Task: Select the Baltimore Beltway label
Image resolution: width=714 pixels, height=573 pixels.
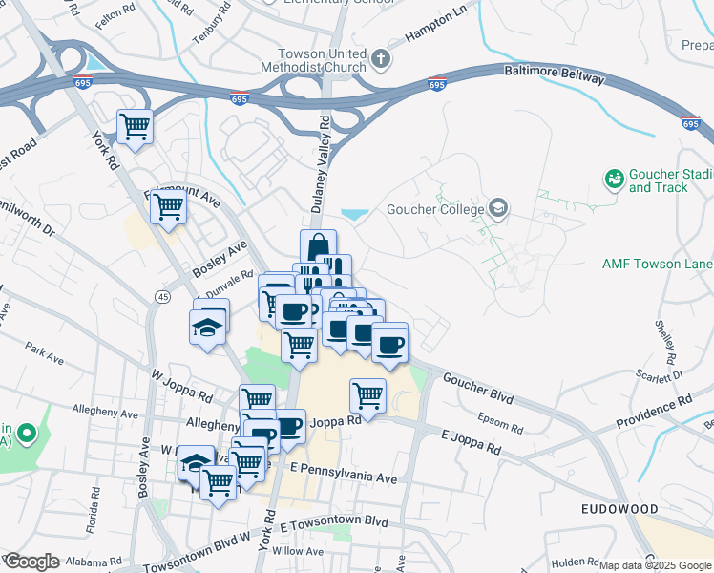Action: coord(554,74)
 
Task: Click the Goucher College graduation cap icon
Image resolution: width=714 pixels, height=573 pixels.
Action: coord(497,208)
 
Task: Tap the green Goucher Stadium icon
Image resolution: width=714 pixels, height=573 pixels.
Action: coord(615,179)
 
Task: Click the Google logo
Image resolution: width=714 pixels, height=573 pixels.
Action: coord(31,561)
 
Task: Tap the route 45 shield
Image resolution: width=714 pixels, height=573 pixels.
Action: coord(163,299)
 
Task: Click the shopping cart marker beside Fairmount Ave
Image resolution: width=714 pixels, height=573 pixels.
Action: coord(168,206)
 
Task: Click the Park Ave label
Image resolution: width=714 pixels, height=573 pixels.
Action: coord(44,354)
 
